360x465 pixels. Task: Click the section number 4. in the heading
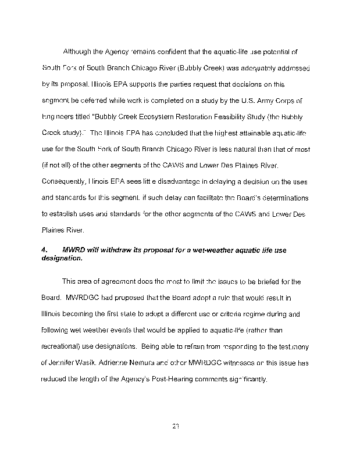coord(44,250)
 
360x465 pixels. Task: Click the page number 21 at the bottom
coord(175,427)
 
